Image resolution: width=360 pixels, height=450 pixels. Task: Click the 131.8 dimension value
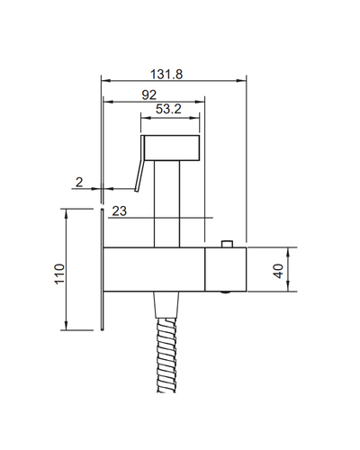pyautogui.click(x=166, y=74)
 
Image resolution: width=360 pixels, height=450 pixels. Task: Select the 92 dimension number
pyautogui.click(x=149, y=95)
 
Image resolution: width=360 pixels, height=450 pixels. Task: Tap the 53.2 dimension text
pyautogui.click(x=168, y=109)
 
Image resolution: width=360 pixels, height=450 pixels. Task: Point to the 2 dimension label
pyautogui.click(x=79, y=182)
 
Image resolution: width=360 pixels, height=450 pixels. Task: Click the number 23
pyautogui.click(x=120, y=211)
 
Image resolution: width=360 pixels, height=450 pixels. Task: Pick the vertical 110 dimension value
pyautogui.click(x=59, y=274)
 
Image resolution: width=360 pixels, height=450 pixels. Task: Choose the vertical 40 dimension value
pyautogui.click(x=278, y=271)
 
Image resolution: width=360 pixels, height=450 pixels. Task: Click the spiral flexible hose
pyautogui.click(x=166, y=355)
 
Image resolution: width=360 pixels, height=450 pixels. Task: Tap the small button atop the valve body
pyautogui.click(x=227, y=244)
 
